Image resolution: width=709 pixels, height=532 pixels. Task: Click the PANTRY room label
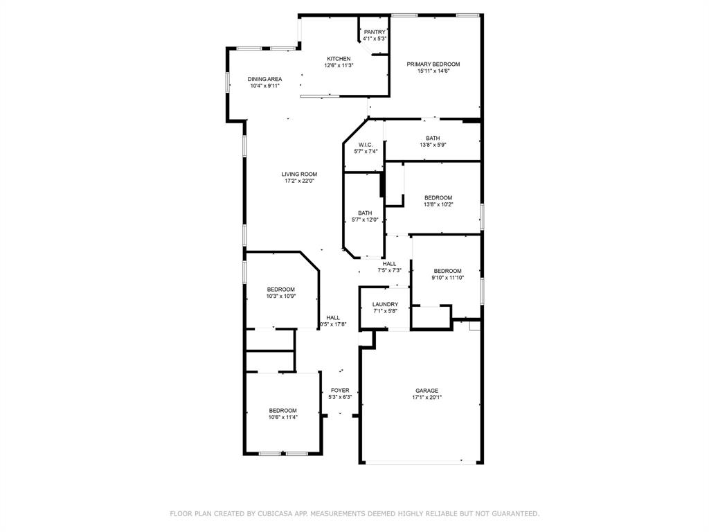tap(375, 32)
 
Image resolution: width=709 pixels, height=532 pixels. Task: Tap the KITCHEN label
tap(339, 58)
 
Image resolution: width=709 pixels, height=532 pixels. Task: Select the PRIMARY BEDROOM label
tap(433, 64)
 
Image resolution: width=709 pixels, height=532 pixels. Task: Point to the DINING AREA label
tap(264, 79)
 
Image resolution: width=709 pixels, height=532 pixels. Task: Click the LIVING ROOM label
tap(299, 174)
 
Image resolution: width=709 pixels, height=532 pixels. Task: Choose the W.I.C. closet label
tap(366, 144)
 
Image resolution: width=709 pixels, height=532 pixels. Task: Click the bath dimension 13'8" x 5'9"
tap(433, 145)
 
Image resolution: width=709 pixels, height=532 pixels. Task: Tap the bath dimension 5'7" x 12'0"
tap(365, 220)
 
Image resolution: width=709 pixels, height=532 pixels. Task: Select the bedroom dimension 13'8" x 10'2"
tap(438, 204)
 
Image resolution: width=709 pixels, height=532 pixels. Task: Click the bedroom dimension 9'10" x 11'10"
tap(447, 277)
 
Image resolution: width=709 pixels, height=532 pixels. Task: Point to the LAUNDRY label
tap(385, 304)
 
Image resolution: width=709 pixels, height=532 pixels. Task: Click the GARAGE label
tap(427, 391)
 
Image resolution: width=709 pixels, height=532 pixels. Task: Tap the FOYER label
tap(340, 390)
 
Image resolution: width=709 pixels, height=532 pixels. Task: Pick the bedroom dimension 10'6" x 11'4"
tap(282, 417)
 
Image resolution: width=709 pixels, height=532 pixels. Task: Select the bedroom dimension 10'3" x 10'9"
tap(281, 296)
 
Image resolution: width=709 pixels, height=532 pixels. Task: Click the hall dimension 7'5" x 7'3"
tap(389, 270)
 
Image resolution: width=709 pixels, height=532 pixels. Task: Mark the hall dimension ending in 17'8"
tap(333, 324)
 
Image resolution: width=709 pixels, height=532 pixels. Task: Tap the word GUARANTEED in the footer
tap(512, 513)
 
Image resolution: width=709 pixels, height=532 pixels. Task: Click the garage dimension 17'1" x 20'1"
tap(427, 398)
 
